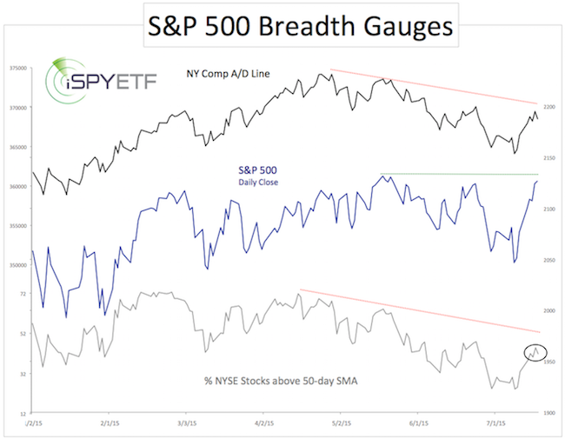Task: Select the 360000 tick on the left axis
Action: [17, 187]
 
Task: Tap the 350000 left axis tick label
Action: [17, 265]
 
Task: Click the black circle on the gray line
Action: [536, 352]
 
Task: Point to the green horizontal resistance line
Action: [461, 175]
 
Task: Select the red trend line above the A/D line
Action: [435, 86]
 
